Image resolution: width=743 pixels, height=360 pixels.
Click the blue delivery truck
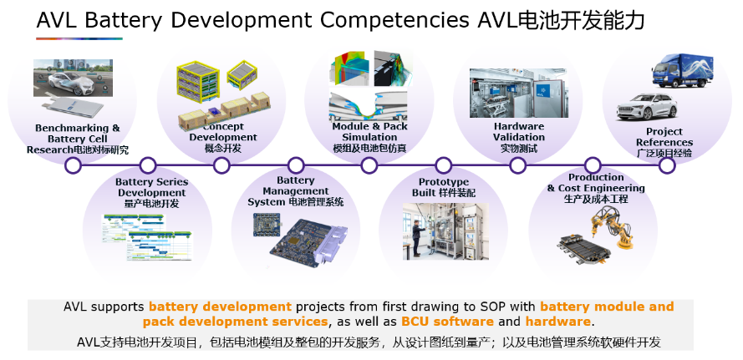pyautogui.click(x=682, y=70)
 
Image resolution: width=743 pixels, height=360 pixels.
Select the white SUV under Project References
pyautogui.click(x=647, y=107)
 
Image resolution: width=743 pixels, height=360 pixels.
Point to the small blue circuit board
pyautogui.click(x=267, y=225)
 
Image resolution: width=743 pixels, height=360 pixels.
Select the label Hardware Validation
pyautogui.click(x=519, y=132)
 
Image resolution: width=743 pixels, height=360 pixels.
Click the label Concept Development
pyautogui.click(x=223, y=132)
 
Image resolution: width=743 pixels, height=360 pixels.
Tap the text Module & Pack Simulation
pyautogui.click(x=369, y=132)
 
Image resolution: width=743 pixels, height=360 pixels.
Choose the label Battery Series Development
pyautogui.click(x=151, y=188)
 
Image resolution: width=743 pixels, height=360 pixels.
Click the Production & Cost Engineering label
pyautogui.click(x=596, y=183)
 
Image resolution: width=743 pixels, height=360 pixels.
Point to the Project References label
pyautogui.click(x=664, y=137)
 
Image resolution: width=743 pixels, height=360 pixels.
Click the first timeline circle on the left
pyautogui.click(x=73, y=165)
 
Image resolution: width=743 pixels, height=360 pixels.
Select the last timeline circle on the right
pyautogui.click(x=667, y=165)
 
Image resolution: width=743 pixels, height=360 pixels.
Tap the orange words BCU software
pyautogui.click(x=447, y=322)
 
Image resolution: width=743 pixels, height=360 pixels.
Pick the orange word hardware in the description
pyautogui.click(x=557, y=322)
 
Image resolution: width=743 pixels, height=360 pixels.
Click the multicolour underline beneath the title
pyautogui.click(x=79, y=39)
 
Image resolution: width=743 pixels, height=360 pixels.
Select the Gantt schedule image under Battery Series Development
pyautogui.click(x=148, y=237)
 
